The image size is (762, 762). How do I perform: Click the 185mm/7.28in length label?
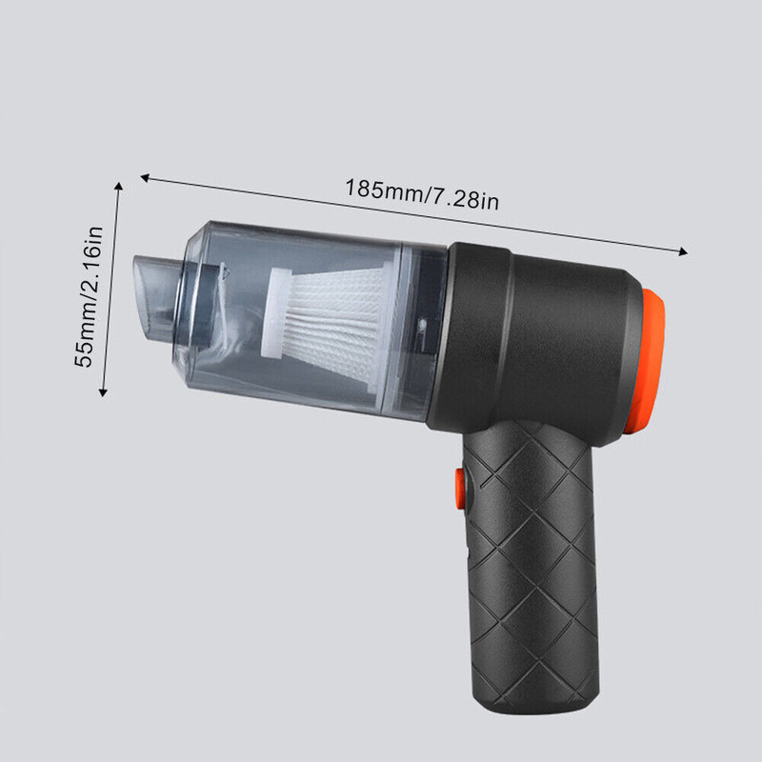(x=422, y=194)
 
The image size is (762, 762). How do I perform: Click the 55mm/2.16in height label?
(x=89, y=296)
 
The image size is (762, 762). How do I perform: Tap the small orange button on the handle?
(x=460, y=489)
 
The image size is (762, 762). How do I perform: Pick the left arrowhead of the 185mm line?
(x=145, y=178)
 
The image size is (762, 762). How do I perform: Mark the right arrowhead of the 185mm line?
(x=683, y=251)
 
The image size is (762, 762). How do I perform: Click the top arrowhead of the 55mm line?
(x=118, y=186)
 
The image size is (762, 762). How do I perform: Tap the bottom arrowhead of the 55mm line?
(x=103, y=391)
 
